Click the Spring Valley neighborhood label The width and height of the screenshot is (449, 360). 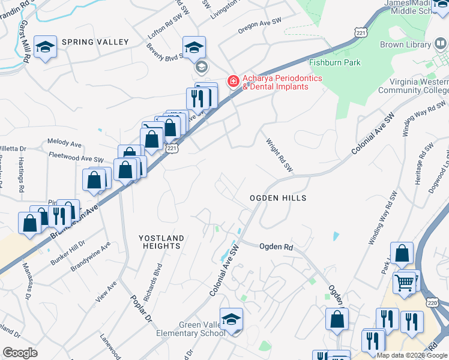[x=94, y=42]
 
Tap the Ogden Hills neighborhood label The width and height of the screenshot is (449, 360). [x=278, y=198]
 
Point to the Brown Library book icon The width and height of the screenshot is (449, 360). [x=439, y=45]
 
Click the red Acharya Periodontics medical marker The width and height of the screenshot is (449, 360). [x=232, y=80]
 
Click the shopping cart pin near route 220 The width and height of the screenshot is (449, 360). [x=404, y=281]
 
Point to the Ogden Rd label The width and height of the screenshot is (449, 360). [x=276, y=247]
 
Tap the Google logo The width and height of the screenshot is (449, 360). [x=20, y=353]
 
